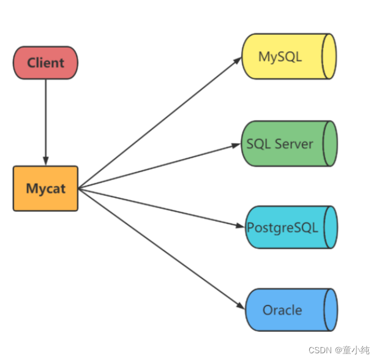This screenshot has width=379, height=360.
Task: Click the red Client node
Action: click(45, 62)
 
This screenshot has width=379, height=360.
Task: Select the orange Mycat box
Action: click(45, 189)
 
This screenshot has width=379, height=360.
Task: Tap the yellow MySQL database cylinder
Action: click(289, 56)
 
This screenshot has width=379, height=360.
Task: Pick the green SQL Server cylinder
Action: click(289, 144)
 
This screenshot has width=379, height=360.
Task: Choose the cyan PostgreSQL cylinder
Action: click(291, 227)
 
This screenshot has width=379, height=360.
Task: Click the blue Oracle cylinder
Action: click(291, 310)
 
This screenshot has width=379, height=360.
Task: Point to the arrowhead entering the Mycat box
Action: click(46, 161)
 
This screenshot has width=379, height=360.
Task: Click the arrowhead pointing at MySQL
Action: click(238, 61)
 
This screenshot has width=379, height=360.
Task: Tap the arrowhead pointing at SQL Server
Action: click(236, 145)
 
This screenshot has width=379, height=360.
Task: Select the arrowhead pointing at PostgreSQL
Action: click(240, 226)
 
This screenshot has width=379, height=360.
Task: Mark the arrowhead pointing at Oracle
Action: click(241, 306)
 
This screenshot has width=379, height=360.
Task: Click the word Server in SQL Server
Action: click(294, 144)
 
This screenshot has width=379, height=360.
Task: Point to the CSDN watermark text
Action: click(339, 350)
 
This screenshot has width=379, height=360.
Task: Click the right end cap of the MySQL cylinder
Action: click(329, 56)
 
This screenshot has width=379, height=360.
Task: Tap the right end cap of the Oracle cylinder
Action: click(331, 310)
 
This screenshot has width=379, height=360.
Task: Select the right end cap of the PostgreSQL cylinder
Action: click(331, 227)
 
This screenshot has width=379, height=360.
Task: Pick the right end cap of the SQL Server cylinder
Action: click(330, 144)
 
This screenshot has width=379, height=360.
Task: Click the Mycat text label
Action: click(46, 189)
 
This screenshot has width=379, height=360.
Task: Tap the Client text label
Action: click(46, 63)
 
